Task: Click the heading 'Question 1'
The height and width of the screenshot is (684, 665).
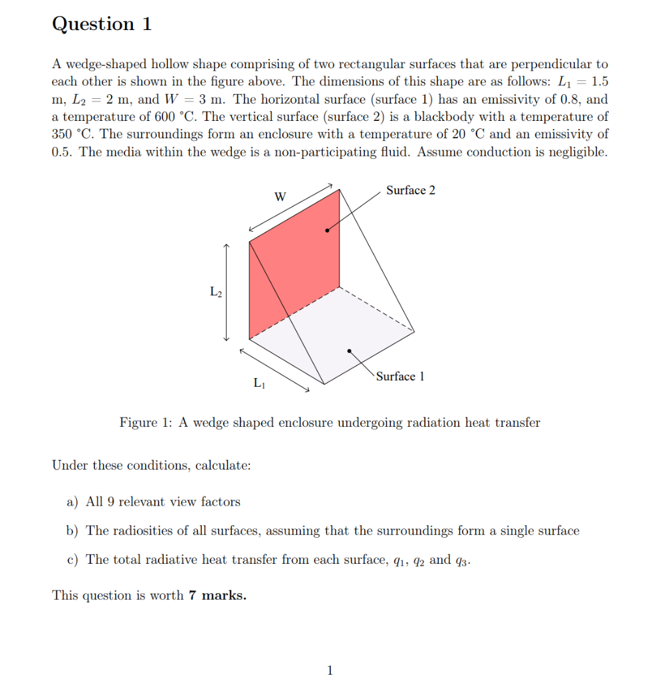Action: point(102,25)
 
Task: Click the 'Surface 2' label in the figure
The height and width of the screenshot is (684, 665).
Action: point(410,190)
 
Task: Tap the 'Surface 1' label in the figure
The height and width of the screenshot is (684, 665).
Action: point(400,377)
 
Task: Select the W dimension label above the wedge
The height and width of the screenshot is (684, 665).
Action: point(280,197)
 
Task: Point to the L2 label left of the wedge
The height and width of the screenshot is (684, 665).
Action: point(215,291)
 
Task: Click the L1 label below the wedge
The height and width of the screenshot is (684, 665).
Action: point(259,383)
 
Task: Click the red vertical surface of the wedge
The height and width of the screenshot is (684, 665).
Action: point(294,267)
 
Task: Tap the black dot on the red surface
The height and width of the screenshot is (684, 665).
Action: point(327,230)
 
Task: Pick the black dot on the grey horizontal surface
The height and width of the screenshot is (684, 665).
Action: point(349,350)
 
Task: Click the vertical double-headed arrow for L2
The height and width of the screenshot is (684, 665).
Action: point(227,293)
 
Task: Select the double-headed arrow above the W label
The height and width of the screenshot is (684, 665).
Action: point(291,206)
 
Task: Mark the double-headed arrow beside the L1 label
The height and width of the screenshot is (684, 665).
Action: point(275,369)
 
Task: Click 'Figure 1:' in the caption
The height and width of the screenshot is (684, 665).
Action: point(146,423)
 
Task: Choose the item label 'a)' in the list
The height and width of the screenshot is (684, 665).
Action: point(72,502)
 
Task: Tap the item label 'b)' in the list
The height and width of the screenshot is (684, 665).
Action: point(72,531)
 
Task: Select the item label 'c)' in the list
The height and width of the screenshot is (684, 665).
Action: point(72,560)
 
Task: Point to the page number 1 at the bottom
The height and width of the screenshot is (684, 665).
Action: point(329,670)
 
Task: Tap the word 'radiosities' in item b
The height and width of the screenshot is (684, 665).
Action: point(144,531)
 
